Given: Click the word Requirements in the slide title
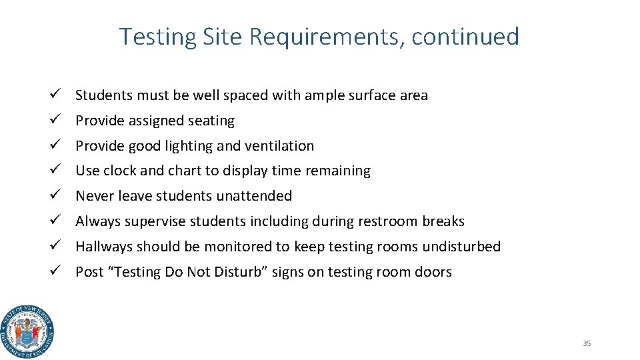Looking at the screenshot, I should point(327,37).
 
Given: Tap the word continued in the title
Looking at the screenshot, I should point(465,37).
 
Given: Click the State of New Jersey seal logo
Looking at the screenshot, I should point(27,331).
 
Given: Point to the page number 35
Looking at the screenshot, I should point(587,343).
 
